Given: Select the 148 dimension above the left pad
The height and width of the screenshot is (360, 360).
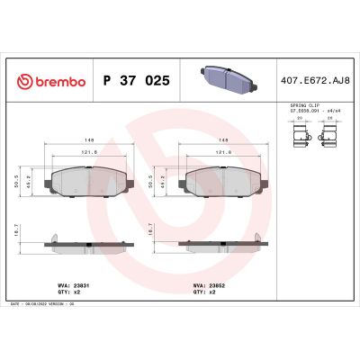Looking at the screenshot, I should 92,139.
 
